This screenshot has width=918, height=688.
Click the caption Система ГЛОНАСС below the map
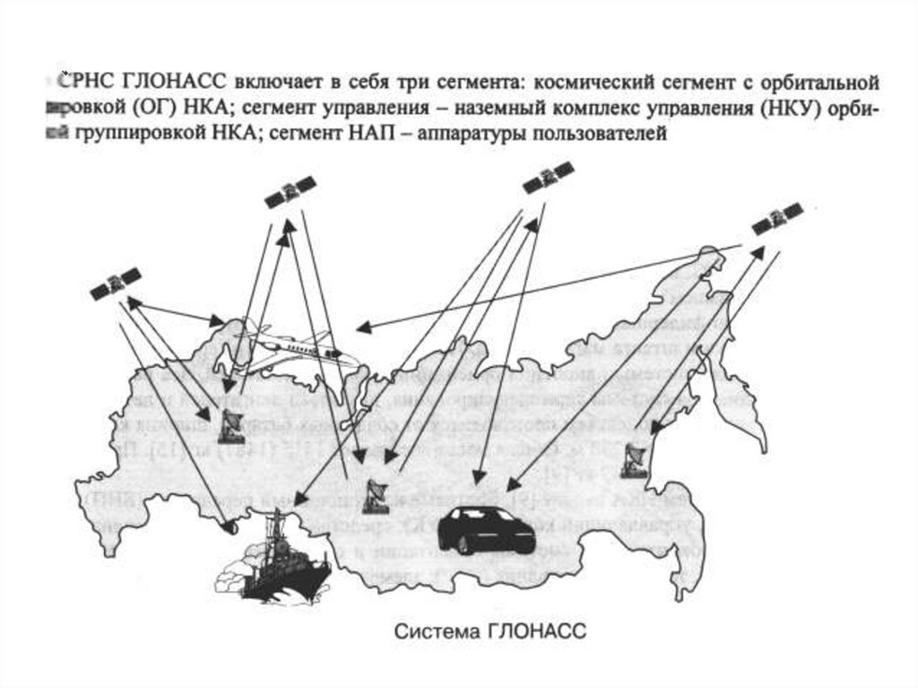click(x=490, y=632)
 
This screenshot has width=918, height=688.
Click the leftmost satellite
click(x=115, y=285)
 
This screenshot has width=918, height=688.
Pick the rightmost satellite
click(x=776, y=219)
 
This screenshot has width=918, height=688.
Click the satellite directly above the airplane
click(x=290, y=191)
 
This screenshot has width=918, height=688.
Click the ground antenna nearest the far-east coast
click(x=633, y=460)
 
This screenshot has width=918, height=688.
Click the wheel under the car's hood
click(x=462, y=544)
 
